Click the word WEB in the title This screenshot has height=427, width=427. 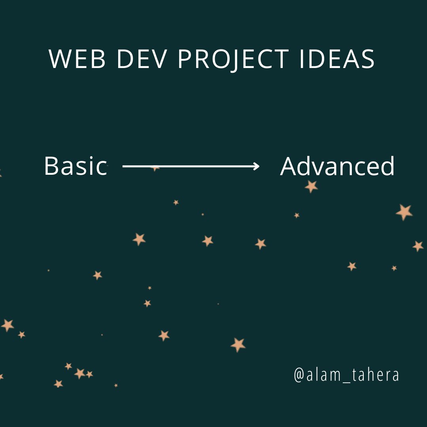(x=77, y=59)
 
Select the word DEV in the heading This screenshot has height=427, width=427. (x=142, y=59)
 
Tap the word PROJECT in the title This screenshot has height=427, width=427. (x=233, y=60)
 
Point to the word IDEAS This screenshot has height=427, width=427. (x=337, y=59)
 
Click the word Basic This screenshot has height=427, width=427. (x=76, y=166)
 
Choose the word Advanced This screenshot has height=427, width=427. (x=337, y=166)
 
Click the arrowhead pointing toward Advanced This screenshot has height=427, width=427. (x=256, y=166)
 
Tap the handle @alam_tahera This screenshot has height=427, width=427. (x=346, y=375)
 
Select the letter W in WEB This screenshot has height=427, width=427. (x=60, y=59)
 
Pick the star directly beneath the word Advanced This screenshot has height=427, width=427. (x=311, y=187)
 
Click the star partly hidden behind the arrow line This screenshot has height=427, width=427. (x=155, y=169)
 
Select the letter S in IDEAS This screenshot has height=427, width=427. (x=368, y=59)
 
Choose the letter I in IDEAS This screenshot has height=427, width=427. (x=301, y=59)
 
